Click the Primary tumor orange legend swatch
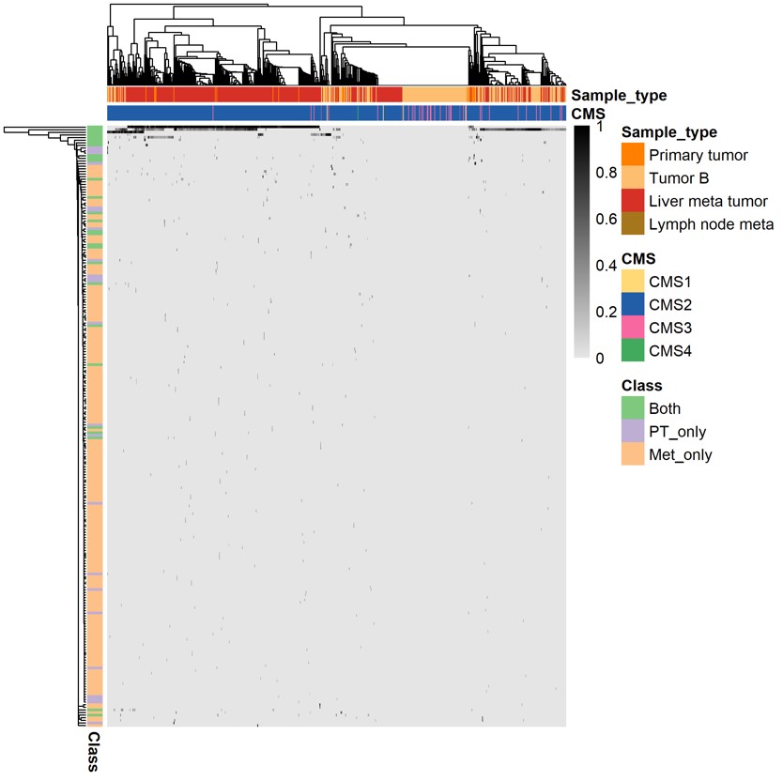633,155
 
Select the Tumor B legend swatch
633,177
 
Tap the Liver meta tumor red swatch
633,201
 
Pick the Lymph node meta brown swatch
633,223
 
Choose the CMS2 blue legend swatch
633,304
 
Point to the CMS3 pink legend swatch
633,328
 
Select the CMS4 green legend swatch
633,350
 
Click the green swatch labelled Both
633,408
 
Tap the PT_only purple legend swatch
633,432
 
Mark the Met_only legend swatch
633,454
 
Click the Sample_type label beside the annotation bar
618,95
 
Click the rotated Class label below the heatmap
94,752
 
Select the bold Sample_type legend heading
669,131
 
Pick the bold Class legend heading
642,386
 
